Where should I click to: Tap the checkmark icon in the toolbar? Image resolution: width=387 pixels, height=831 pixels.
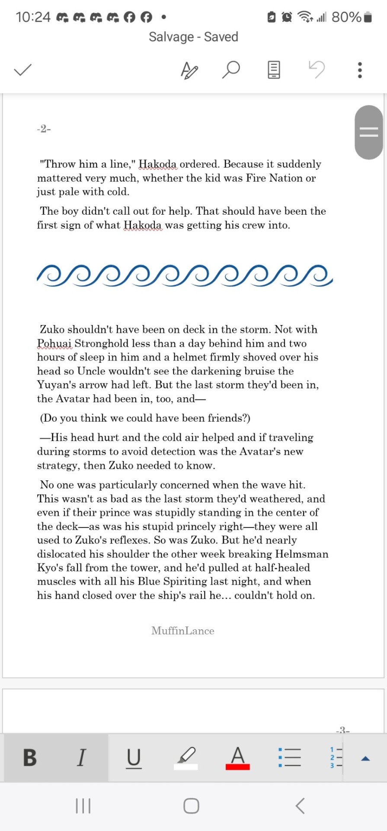pos(23,70)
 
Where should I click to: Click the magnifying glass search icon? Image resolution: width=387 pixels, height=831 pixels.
pos(231,69)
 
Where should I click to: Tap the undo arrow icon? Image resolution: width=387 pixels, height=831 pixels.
pos(317,69)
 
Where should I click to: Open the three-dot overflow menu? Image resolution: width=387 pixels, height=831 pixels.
pos(360,70)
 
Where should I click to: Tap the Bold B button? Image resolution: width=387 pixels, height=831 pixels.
pos(30,757)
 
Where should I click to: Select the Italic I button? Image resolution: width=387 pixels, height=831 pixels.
pos(81,757)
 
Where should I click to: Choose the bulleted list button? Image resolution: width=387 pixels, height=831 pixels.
pos(289,757)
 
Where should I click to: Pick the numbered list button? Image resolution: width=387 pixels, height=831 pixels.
pos(336,757)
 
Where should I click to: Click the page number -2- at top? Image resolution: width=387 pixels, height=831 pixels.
pos(44,129)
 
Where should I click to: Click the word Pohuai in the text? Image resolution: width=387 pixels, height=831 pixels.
pos(54,343)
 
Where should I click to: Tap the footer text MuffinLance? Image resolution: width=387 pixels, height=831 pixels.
pos(182,631)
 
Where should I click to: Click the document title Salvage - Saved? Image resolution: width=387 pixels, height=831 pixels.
pos(193,37)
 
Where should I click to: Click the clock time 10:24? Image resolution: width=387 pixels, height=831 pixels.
pos(33,17)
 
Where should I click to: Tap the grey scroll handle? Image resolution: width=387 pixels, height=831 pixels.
pos(368,132)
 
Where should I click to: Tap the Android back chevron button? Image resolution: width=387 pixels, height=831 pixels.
pos(300,805)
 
